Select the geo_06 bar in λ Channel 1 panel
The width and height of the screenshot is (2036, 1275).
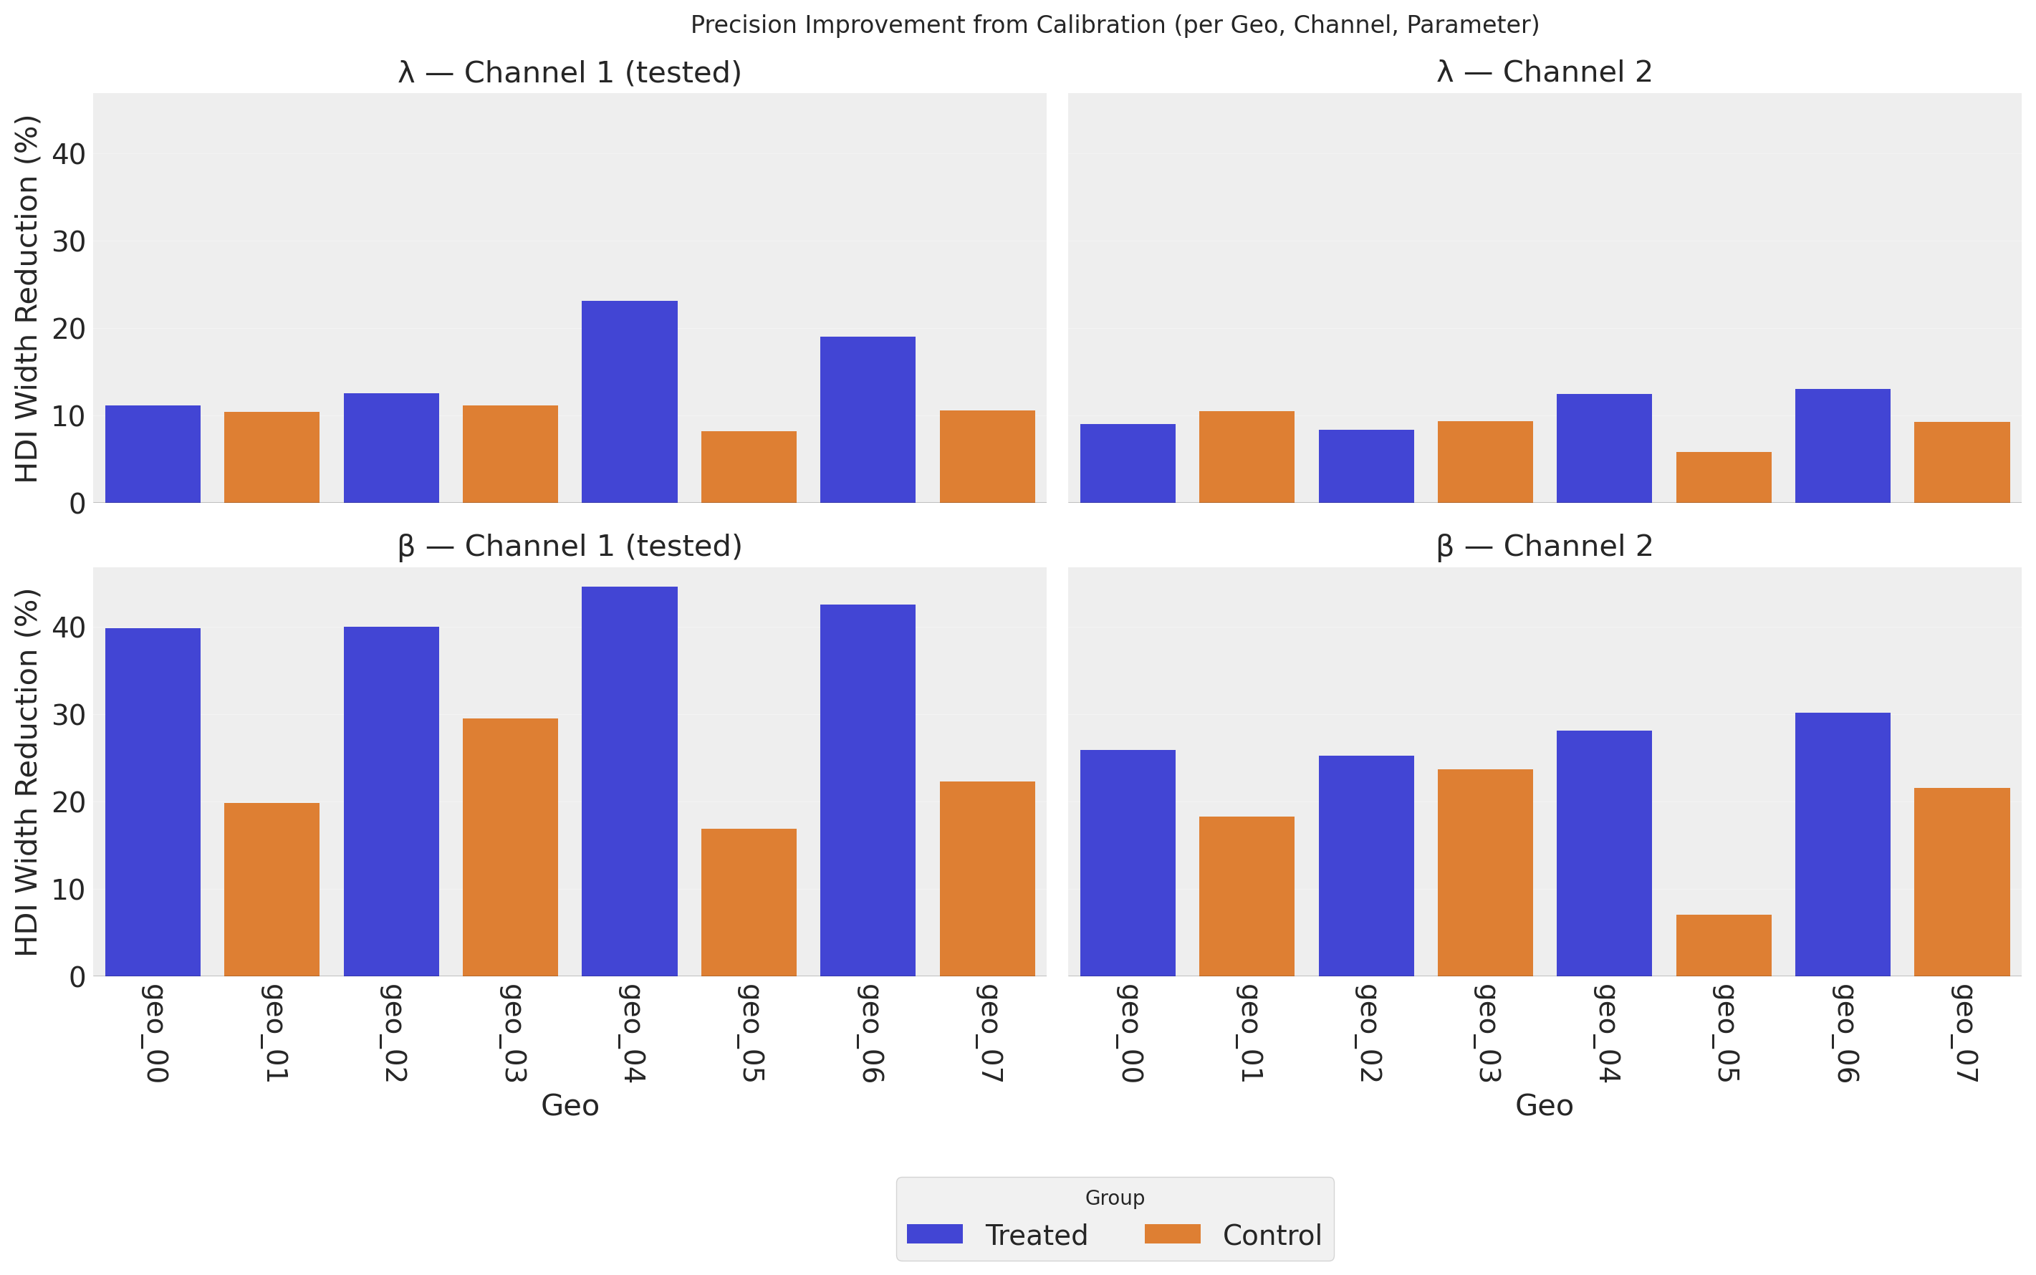click(867, 419)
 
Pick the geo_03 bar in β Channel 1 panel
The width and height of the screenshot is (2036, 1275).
click(510, 847)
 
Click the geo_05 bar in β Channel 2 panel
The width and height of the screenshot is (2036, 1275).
click(1723, 946)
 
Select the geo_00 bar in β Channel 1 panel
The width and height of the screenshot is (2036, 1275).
click(153, 802)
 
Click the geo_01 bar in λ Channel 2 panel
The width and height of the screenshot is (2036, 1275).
click(1246, 456)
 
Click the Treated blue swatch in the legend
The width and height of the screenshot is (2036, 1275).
click(933, 1234)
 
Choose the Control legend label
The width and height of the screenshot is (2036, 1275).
click(1271, 1236)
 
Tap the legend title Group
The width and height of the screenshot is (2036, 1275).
click(1114, 1198)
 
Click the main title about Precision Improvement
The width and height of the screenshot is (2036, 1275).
click(1114, 25)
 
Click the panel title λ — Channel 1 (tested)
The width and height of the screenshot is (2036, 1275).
click(570, 72)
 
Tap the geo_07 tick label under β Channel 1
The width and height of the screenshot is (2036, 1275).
click(988, 1033)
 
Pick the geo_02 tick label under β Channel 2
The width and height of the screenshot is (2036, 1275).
click(1366, 1033)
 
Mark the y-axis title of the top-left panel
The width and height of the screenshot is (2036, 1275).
click(28, 299)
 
